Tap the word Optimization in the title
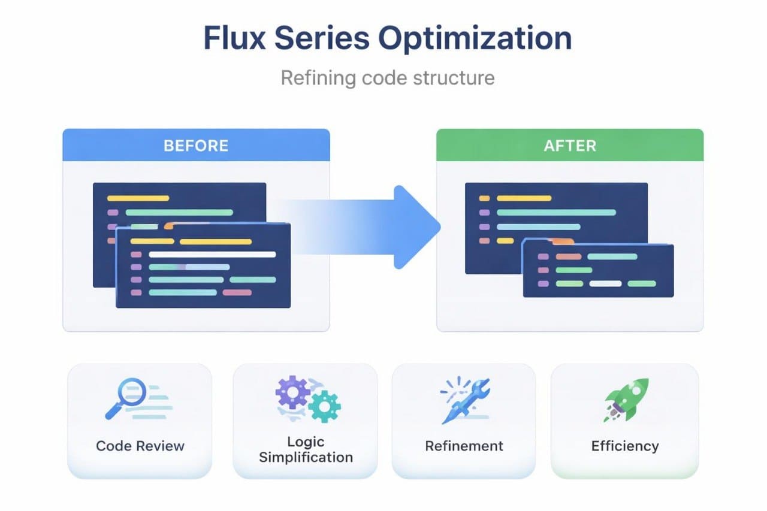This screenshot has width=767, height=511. point(475,38)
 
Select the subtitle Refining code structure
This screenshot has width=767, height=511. point(388,78)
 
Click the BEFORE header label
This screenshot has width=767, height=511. point(196,146)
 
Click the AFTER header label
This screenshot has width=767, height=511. point(569,146)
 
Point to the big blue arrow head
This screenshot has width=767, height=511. point(416,226)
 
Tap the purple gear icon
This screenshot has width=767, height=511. point(292,392)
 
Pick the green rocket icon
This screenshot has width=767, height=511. point(626,399)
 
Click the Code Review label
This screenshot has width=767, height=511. point(140,446)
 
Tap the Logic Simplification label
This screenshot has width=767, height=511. point(305,450)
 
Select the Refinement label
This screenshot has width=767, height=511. point(464,446)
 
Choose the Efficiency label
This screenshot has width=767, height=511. point(624,446)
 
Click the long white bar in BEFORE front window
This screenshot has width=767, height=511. point(212,254)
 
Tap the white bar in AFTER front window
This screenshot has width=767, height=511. point(605,283)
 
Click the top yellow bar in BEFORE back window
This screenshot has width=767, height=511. point(138,198)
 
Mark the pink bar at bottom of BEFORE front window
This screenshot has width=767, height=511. point(237,292)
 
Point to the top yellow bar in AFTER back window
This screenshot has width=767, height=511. point(524,198)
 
